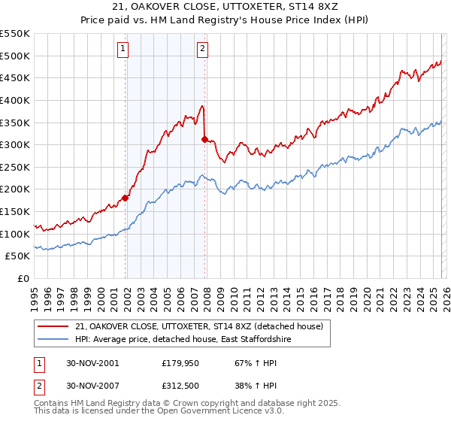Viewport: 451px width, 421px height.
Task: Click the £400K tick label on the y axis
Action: point(15,100)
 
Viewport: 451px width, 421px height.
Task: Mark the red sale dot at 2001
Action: point(126,198)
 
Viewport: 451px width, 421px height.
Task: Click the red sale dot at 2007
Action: point(205,139)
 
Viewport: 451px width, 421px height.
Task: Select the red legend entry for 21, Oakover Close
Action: point(198,326)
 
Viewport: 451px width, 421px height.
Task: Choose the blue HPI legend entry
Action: point(182,340)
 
